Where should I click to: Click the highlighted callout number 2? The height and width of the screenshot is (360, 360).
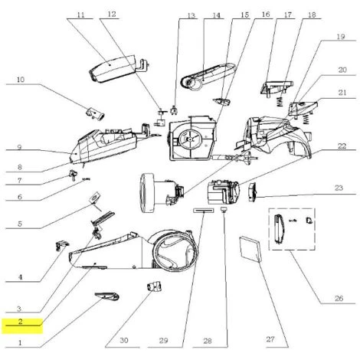pos(21,322)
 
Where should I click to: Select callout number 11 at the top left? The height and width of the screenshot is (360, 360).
pos(81,15)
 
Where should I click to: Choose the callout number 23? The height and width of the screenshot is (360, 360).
pos(336,186)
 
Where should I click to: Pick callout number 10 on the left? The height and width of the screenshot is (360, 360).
pos(21,80)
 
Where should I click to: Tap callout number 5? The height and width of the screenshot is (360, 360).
pos(21,224)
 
